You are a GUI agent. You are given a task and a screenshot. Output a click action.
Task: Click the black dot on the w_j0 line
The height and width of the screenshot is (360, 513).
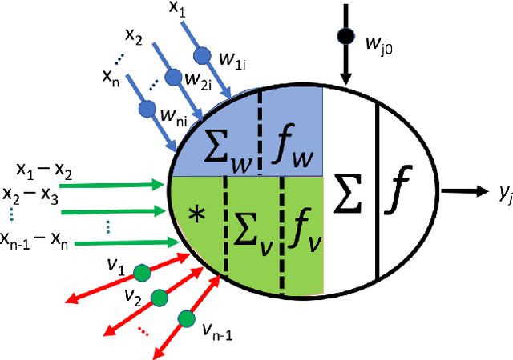click(345, 37)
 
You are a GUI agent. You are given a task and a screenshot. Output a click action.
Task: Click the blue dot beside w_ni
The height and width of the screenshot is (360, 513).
click(147, 107)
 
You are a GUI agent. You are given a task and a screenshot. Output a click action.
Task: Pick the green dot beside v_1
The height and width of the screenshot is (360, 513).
click(141, 273)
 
